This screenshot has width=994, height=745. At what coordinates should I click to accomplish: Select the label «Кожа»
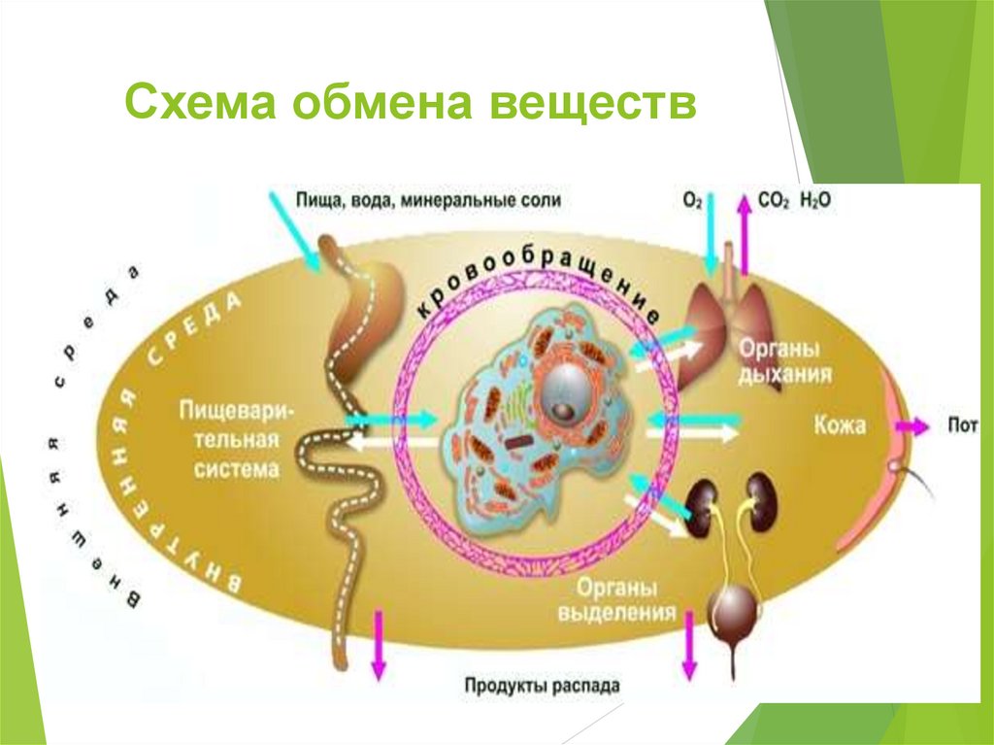pyautogui.click(x=840, y=424)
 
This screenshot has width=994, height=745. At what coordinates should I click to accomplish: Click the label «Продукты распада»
pyautogui.click(x=541, y=686)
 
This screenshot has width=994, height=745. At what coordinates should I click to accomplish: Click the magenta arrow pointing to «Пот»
pyautogui.click(x=912, y=426)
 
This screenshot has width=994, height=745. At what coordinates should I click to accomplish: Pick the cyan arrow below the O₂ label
pyautogui.click(x=712, y=233)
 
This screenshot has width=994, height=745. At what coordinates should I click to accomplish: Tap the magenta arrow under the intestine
pyautogui.click(x=378, y=645)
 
